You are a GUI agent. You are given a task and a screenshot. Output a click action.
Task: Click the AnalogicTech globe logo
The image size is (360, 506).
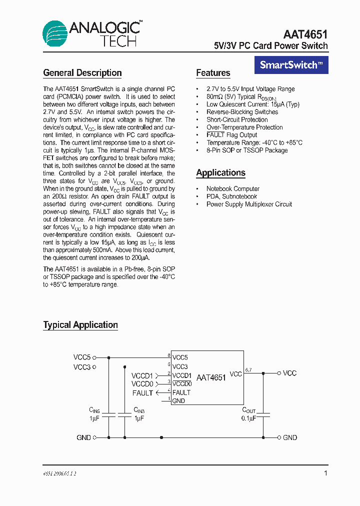[54, 34]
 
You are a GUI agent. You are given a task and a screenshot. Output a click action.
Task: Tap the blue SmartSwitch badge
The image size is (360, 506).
[291, 65]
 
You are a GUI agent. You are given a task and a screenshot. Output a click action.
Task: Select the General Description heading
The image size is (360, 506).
[82, 73]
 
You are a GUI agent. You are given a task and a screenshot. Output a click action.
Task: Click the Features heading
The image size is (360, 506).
[213, 73]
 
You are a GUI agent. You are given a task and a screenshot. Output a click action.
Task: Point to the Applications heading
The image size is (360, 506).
[220, 173]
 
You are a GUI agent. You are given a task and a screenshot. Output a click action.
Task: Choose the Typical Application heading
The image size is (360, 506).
[80, 325]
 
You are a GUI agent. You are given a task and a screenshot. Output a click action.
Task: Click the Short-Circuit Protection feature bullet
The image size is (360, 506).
[237, 119]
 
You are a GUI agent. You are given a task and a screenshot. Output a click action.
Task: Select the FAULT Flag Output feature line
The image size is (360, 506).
[231, 135]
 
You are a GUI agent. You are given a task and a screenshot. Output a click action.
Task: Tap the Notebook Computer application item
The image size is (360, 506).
[233, 188]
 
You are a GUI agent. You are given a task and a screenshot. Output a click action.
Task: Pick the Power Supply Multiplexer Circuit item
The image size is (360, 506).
[249, 204]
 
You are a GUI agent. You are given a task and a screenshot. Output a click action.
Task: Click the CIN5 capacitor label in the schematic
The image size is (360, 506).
[95, 409]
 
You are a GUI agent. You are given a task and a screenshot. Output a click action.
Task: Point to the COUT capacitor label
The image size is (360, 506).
[248, 410]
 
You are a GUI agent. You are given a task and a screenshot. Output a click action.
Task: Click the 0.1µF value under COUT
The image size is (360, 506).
[248, 418]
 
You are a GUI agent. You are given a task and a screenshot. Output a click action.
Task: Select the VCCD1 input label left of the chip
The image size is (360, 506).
[142, 375]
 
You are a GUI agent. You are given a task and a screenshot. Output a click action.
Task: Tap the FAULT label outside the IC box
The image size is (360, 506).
[143, 393]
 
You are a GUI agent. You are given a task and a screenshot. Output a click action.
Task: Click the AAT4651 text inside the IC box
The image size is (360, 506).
[211, 378]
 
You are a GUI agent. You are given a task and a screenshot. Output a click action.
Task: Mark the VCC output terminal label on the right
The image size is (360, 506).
[290, 373]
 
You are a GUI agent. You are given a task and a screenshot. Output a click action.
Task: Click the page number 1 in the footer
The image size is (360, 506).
[325, 473]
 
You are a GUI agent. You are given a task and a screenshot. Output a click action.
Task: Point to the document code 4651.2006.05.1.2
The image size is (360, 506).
[59, 473]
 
